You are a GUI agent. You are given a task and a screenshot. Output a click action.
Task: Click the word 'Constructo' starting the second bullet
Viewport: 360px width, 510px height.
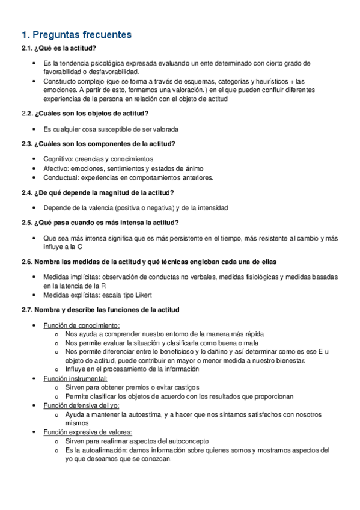click(x=60, y=81)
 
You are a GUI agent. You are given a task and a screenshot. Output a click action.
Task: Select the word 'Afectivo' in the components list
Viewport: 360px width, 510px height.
click(x=56, y=168)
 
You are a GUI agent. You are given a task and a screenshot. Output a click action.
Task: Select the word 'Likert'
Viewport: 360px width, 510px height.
click(x=143, y=295)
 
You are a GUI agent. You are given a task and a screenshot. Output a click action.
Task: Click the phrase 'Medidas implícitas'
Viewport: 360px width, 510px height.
click(x=68, y=277)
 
